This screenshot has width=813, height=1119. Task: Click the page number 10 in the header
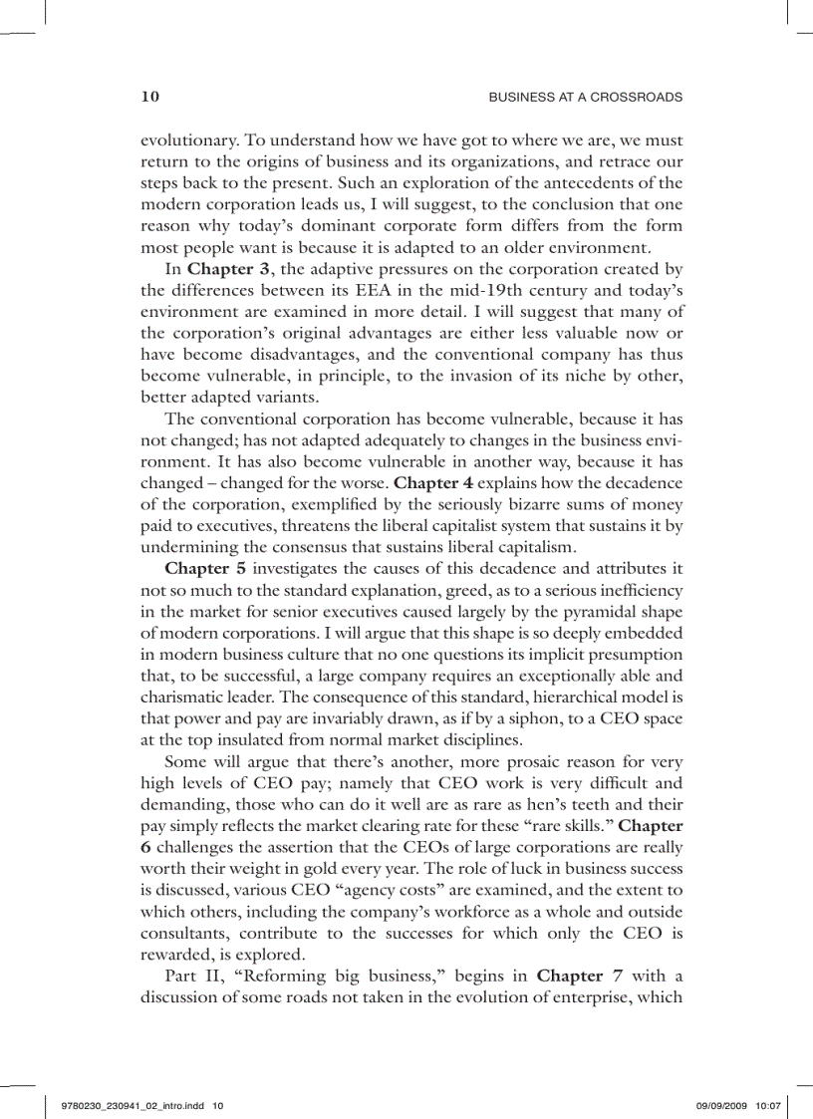(x=150, y=97)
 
